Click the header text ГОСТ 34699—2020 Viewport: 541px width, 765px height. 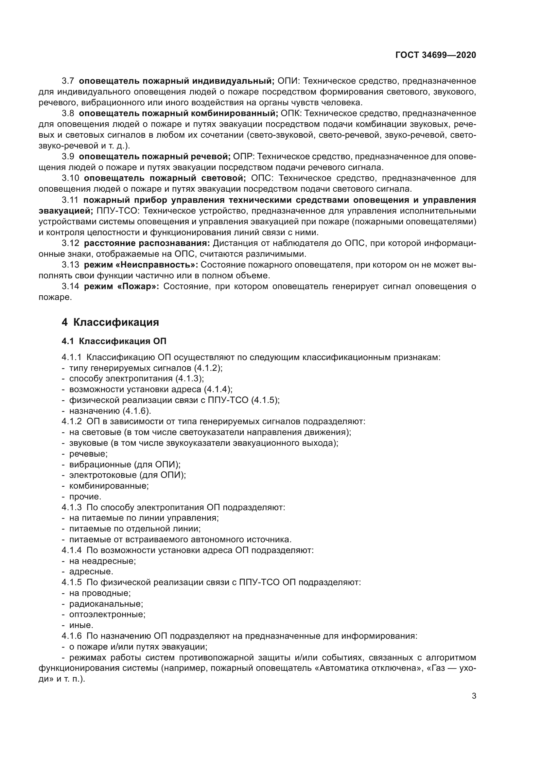(x=435, y=55)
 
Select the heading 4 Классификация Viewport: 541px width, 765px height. (x=110, y=322)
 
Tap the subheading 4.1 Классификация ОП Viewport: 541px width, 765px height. (x=114, y=341)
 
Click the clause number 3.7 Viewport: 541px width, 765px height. (x=68, y=81)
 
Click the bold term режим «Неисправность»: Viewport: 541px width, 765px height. (x=141, y=265)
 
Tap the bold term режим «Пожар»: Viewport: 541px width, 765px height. (x=122, y=286)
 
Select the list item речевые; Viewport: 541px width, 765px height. (x=88, y=454)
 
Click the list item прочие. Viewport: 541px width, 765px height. (x=85, y=496)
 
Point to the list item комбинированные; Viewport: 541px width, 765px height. (x=109, y=486)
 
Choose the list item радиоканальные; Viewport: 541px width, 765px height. (x=106, y=604)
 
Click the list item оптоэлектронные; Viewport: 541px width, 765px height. (x=107, y=615)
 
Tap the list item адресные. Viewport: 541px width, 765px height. (x=91, y=571)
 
